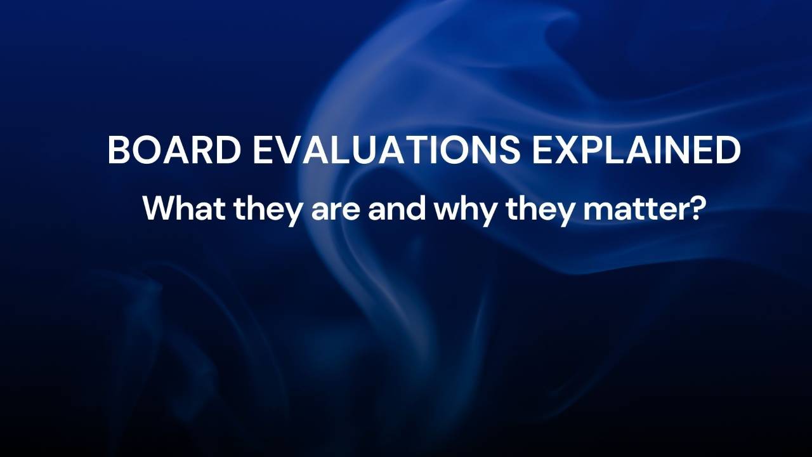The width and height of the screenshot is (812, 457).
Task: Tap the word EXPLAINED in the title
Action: [x=636, y=150]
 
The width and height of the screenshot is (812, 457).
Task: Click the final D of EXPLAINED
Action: [x=728, y=150]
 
